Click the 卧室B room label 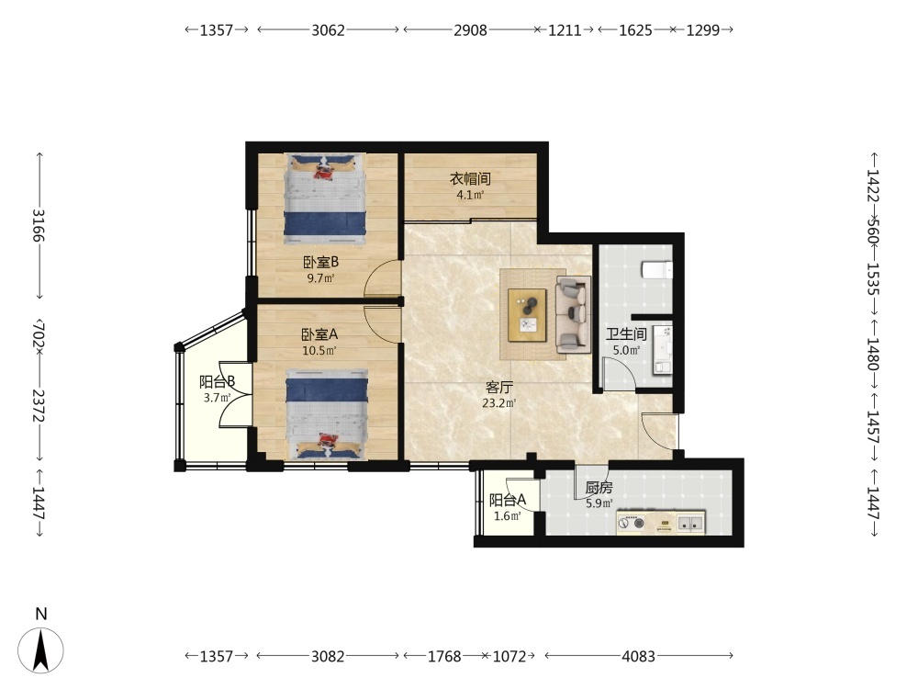pyautogui.click(x=320, y=262)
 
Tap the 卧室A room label pyautogui.click(x=319, y=334)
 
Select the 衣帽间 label pyautogui.click(x=470, y=179)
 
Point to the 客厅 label pyautogui.click(x=499, y=388)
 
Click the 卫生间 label pyautogui.click(x=626, y=334)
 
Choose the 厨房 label pyautogui.click(x=599, y=488)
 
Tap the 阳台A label pyautogui.click(x=508, y=501)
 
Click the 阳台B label pyautogui.click(x=218, y=382)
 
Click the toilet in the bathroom pyautogui.click(x=657, y=270)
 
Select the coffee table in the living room pyautogui.click(x=527, y=314)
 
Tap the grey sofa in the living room pyautogui.click(x=573, y=314)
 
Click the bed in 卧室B pyautogui.click(x=325, y=198)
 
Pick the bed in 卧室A pyautogui.click(x=327, y=414)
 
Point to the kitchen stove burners pyautogui.click(x=632, y=522)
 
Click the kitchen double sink pyautogui.click(x=690, y=523)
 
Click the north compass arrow pyautogui.click(x=40, y=649)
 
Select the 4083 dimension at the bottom pyautogui.click(x=638, y=656)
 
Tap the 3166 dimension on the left pyautogui.click(x=39, y=226)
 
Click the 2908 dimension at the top pyautogui.click(x=470, y=30)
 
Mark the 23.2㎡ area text pyautogui.click(x=499, y=403)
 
